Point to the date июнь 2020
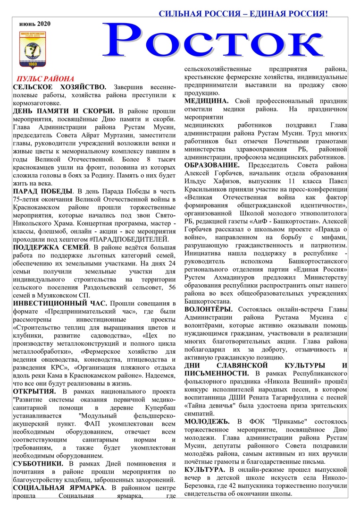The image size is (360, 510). (x=35, y=23)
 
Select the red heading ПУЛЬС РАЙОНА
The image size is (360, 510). (x=45, y=79)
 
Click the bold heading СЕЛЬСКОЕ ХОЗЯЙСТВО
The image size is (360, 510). (x=59, y=87)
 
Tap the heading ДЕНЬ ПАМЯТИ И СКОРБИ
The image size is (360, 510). (x=60, y=110)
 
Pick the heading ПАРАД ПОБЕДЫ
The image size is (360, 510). (x=43, y=191)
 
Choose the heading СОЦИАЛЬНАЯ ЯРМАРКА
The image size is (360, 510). (x=59, y=487)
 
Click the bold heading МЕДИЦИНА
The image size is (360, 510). (x=206, y=101)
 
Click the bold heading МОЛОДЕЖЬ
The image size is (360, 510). (x=207, y=421)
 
